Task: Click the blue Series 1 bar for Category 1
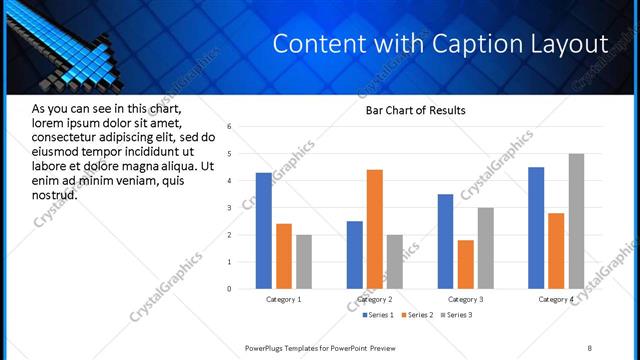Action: coord(264,231)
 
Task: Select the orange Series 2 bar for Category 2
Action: coord(375,229)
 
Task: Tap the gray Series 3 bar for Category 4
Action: coord(576,221)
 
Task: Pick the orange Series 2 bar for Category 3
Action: coord(465,264)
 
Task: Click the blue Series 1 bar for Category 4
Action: coord(536,228)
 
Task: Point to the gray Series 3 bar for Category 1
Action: coord(304,262)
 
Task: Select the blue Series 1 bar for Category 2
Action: coord(355,255)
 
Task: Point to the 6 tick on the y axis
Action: coord(230,127)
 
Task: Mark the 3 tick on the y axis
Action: coord(230,208)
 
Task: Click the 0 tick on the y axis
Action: coord(230,289)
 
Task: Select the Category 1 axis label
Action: coord(284,299)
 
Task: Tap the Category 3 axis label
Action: coord(465,299)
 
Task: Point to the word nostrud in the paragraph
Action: coord(54,194)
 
